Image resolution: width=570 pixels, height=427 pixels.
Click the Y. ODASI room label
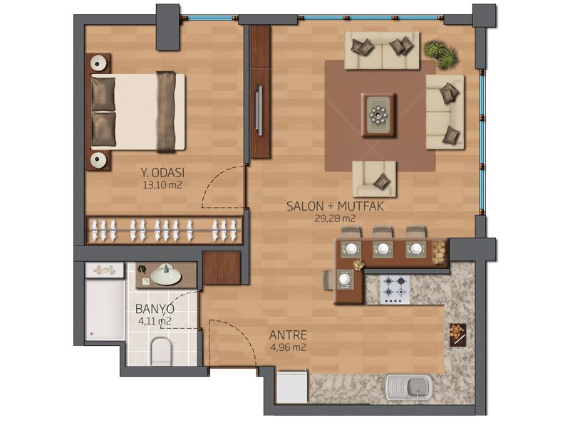pos(162,172)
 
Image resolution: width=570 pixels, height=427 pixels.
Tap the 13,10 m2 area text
pos(162,185)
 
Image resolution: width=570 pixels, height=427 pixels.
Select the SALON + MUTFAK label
pos(335,206)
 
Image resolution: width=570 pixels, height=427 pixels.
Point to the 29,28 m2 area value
pos(335,218)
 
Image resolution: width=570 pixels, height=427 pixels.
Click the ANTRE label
pos(288,334)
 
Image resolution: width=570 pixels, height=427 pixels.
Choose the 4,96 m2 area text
pos(288,347)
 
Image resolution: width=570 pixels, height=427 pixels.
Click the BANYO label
pos(155,309)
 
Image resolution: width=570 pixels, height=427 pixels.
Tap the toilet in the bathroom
pos(161,352)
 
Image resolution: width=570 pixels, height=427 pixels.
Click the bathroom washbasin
pos(166,275)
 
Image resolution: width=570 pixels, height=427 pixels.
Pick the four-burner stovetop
pos(395,289)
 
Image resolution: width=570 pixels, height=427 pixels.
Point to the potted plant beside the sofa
pos(441,54)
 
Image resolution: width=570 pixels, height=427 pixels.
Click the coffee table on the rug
pos(378,115)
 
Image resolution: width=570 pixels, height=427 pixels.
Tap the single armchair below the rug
pos(374,179)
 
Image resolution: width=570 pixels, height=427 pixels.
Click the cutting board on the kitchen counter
pos(457,334)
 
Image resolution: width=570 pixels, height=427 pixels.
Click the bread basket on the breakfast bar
pos(439,251)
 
